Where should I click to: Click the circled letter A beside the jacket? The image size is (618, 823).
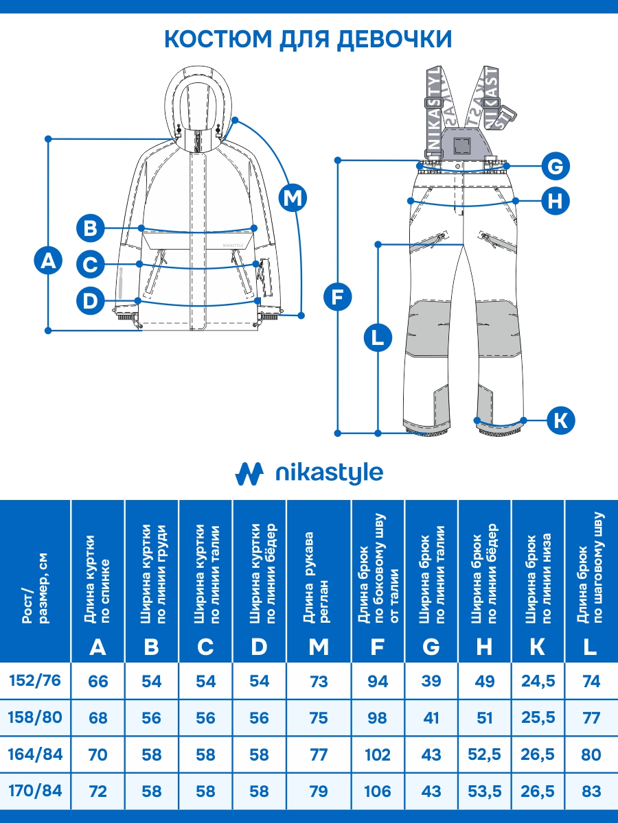48,261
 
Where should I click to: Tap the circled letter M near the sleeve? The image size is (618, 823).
293,198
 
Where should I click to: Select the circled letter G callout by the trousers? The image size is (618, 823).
556,165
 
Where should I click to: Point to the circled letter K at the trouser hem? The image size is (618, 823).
561,420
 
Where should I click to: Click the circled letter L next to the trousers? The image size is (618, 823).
377,338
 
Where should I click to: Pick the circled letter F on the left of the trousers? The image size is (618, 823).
337,297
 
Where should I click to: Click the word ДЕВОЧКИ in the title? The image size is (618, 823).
393,39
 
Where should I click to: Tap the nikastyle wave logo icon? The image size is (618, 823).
249,473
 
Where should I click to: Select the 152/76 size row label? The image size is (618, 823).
35,681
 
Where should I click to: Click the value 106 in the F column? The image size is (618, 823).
377,791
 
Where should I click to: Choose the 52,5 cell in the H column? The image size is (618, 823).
484,755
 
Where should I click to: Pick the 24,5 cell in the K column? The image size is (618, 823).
538,682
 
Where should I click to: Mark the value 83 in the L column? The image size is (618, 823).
591,791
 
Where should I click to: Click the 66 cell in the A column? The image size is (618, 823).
98,682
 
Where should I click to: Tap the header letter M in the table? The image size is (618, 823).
319,647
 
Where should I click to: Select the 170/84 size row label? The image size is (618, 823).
35,791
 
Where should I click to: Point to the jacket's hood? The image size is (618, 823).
198,96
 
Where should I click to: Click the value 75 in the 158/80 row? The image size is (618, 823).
319,718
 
